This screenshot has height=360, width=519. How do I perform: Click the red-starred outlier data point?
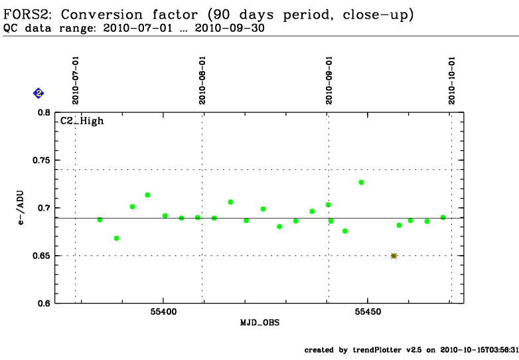tap(394, 256)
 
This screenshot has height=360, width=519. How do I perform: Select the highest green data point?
tap(361, 183)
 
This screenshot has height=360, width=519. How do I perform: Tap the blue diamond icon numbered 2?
tap(38, 94)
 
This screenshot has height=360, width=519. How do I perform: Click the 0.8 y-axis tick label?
tap(44, 113)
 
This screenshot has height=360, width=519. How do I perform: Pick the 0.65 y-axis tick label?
tap(41, 256)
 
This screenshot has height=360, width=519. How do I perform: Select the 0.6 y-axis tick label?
tap(44, 304)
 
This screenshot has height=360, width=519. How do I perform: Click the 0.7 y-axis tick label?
tap(44, 208)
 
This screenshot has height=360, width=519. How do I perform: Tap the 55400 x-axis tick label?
tap(163, 312)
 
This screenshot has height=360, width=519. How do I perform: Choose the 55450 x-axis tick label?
tap(368, 312)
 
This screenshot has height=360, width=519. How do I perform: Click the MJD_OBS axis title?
tap(259, 323)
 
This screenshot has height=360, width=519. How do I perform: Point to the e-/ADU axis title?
tap(21, 208)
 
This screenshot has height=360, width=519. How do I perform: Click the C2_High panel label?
tap(82, 121)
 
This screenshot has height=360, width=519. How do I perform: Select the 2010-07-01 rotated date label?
tap(76, 80)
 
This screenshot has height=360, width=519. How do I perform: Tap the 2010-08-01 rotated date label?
tap(202, 80)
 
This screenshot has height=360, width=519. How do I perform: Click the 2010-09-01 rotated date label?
tap(329, 80)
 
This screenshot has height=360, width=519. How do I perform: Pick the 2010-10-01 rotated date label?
tap(452, 80)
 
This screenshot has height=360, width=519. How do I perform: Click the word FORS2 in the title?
tap(27, 15)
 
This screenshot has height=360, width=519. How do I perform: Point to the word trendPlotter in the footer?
tap(377, 350)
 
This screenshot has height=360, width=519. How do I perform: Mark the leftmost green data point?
tap(100, 220)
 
